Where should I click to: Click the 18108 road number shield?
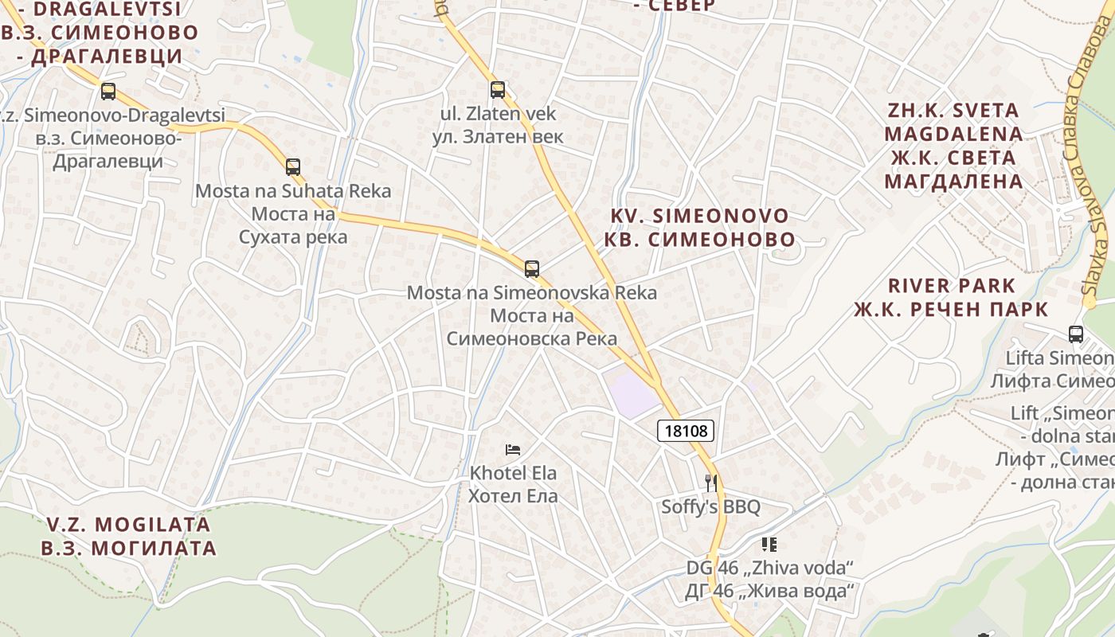[x=686, y=431]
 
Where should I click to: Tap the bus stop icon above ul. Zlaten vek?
[x=498, y=90]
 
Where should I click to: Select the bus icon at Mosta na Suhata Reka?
[x=293, y=167]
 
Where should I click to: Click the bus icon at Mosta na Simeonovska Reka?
[x=532, y=269]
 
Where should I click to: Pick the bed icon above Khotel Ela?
[x=513, y=450]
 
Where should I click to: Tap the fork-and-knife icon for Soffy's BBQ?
[x=711, y=483]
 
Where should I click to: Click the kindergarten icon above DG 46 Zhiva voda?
[x=769, y=545]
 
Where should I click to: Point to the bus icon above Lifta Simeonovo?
[x=1076, y=334]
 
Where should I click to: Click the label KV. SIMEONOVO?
[x=699, y=216]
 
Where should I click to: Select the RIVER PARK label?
[x=952, y=285]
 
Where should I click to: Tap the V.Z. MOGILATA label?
[x=128, y=525]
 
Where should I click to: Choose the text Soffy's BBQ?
[x=711, y=507]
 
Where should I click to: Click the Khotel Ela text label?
[x=513, y=473]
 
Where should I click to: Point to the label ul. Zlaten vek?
[x=498, y=114]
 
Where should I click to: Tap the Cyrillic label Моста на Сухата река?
[x=293, y=225]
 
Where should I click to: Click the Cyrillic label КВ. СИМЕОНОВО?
[x=699, y=239]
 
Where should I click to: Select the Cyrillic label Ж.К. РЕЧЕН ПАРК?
[x=951, y=309]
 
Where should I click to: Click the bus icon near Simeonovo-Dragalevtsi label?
[x=108, y=92]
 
